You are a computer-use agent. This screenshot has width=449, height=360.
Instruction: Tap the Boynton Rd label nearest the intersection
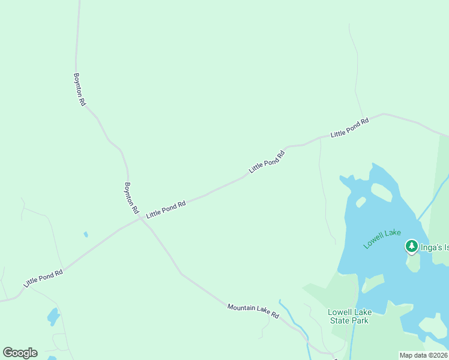tap(131, 199)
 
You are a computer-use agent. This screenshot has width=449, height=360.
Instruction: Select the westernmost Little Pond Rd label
tap(43, 278)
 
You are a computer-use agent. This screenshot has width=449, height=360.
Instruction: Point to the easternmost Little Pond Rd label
tap(349, 128)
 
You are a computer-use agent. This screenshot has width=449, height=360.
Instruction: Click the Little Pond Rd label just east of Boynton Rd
tap(166, 209)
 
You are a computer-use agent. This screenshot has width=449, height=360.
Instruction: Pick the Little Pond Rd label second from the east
tap(267, 161)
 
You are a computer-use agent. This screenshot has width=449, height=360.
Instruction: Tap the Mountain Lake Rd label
tap(253, 311)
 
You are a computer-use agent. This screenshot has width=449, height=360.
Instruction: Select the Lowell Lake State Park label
tap(350, 316)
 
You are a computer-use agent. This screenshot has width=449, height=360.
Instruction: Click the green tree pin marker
tap(411, 246)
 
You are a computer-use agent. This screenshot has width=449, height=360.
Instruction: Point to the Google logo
tap(20, 352)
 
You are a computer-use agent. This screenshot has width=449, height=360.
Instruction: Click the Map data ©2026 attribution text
tap(423, 355)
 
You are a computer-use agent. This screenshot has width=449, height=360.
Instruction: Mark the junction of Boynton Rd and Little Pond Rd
tap(140, 218)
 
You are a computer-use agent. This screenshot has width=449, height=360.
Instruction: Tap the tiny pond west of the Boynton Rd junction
tap(86, 234)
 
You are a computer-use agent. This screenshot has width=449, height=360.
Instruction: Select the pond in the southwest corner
tap(53, 316)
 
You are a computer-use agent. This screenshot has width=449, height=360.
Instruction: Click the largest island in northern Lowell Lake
tap(382, 192)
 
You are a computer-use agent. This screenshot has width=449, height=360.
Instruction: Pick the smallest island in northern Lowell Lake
tap(361, 202)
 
